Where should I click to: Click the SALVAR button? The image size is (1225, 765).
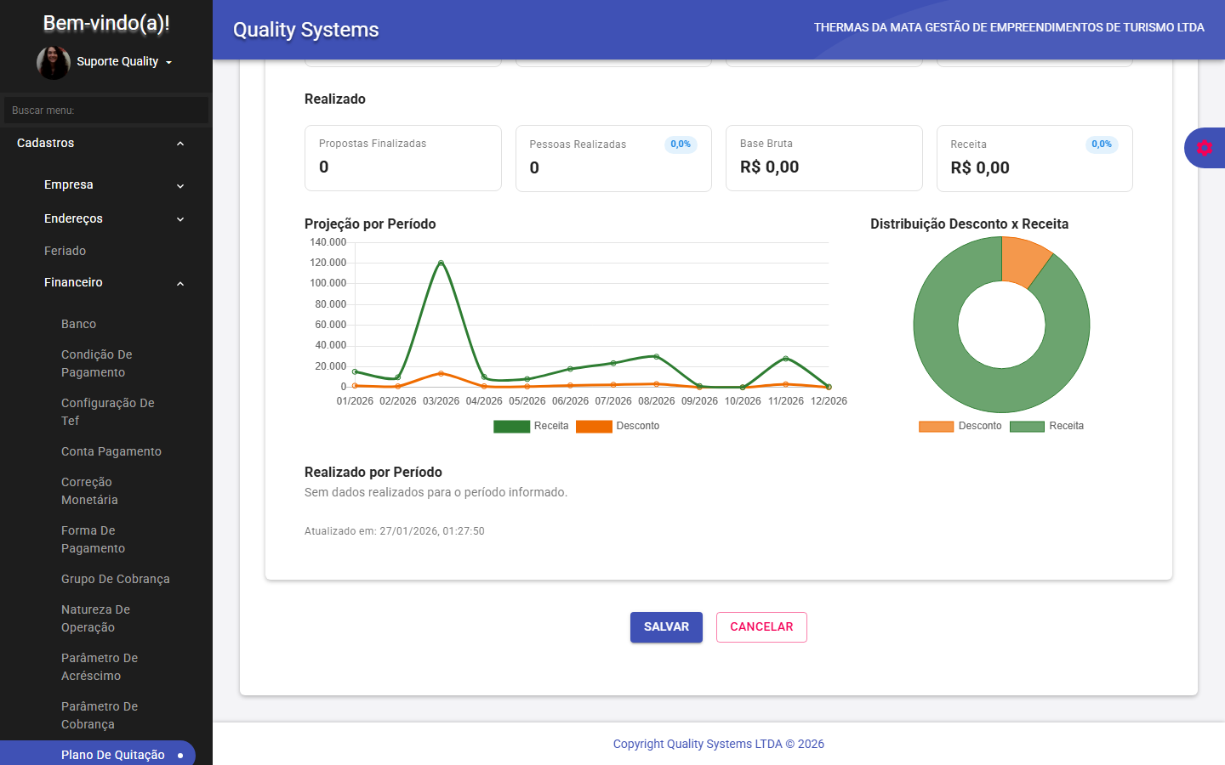(666, 627)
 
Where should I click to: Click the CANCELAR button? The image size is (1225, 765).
(761, 627)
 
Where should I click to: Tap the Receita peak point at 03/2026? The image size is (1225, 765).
(441, 263)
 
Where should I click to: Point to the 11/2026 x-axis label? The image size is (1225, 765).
(785, 401)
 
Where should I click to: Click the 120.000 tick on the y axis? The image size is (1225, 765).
(328, 263)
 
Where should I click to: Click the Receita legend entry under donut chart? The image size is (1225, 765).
(1047, 426)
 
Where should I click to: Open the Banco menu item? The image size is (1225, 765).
(78, 324)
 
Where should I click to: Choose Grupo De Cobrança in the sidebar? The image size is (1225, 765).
(116, 579)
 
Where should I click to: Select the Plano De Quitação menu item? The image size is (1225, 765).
(113, 755)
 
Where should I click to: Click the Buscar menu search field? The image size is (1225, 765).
(105, 110)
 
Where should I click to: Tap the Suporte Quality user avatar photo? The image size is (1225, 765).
(53, 62)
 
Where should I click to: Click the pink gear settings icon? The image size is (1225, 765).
(1204, 148)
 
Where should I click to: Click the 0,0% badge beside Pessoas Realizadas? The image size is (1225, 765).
(681, 144)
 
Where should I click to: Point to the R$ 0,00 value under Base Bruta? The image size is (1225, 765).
(769, 167)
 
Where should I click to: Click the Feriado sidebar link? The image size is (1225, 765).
(66, 251)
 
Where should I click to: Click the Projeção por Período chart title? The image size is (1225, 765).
(370, 224)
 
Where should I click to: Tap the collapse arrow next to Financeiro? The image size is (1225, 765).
(180, 283)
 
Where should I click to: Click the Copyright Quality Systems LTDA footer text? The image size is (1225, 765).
(718, 744)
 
